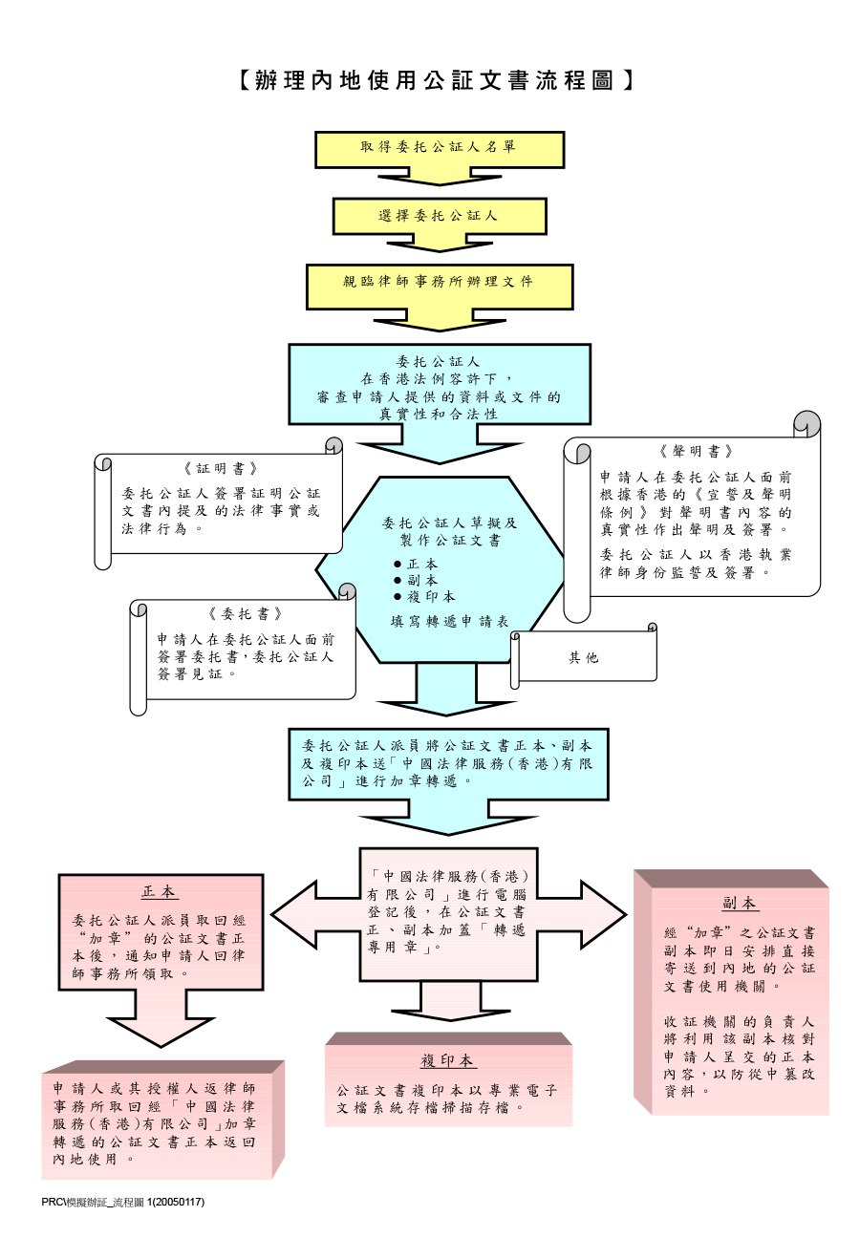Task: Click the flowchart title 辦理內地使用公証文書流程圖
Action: [436, 80]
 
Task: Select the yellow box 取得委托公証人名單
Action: [439, 148]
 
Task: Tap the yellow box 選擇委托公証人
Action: [439, 216]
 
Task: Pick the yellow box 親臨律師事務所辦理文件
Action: [439, 283]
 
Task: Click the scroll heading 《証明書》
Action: [221, 468]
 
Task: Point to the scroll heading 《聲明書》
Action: [696, 451]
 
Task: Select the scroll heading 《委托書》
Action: [245, 613]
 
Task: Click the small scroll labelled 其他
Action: [583, 657]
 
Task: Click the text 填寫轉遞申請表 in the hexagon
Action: [449, 621]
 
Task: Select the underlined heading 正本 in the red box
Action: [160, 891]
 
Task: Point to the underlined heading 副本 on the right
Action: [740, 903]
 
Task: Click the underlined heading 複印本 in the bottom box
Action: [447, 1060]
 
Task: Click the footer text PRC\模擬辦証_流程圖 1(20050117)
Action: [123, 1202]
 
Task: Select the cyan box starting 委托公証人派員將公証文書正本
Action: [448, 763]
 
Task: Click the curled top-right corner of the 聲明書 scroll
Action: [807, 423]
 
